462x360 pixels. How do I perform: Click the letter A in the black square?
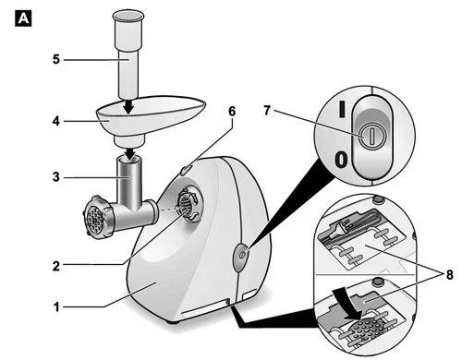(x=23, y=18)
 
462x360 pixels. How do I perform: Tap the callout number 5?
(x=55, y=59)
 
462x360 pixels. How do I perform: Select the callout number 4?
(x=55, y=121)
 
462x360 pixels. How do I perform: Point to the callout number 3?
(x=55, y=177)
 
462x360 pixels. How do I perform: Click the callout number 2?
(x=55, y=266)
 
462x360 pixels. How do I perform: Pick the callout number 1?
(x=56, y=307)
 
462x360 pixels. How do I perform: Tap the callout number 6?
(x=232, y=111)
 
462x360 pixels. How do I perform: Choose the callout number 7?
(x=267, y=110)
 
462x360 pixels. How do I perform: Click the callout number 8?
(x=449, y=275)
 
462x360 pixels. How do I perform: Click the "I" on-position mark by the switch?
(x=342, y=109)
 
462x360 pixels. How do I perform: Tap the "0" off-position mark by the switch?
(x=341, y=160)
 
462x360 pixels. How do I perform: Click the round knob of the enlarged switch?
(x=372, y=137)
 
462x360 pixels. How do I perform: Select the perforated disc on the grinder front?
(x=94, y=220)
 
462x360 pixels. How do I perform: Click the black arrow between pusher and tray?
(x=128, y=106)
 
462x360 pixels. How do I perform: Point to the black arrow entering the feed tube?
(x=132, y=154)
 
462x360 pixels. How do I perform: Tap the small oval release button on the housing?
(x=186, y=170)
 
